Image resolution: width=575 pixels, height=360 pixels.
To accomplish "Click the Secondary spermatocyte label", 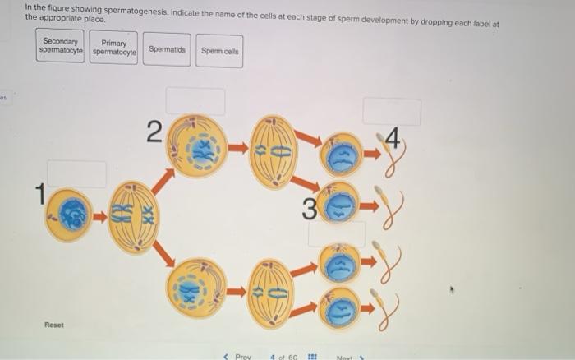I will [60, 46].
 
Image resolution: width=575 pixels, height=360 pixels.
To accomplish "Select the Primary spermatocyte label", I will [114, 48].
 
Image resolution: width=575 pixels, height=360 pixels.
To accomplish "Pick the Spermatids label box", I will [167, 49].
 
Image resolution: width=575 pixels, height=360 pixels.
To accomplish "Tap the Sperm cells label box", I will [219, 50].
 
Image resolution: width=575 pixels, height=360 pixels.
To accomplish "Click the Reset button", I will [55, 325].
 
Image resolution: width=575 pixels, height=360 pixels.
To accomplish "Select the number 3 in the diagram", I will [309, 209].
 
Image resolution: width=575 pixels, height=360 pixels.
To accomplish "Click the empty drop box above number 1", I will [76, 173].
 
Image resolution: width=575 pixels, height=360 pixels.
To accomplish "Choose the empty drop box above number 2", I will [195, 101].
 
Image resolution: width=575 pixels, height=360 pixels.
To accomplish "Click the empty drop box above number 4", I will [392, 112].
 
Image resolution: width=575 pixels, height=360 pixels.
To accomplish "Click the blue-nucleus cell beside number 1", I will [69, 215].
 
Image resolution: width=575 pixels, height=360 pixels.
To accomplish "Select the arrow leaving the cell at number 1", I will [99, 217].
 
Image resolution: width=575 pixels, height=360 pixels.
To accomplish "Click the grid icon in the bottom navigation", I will [311, 357].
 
